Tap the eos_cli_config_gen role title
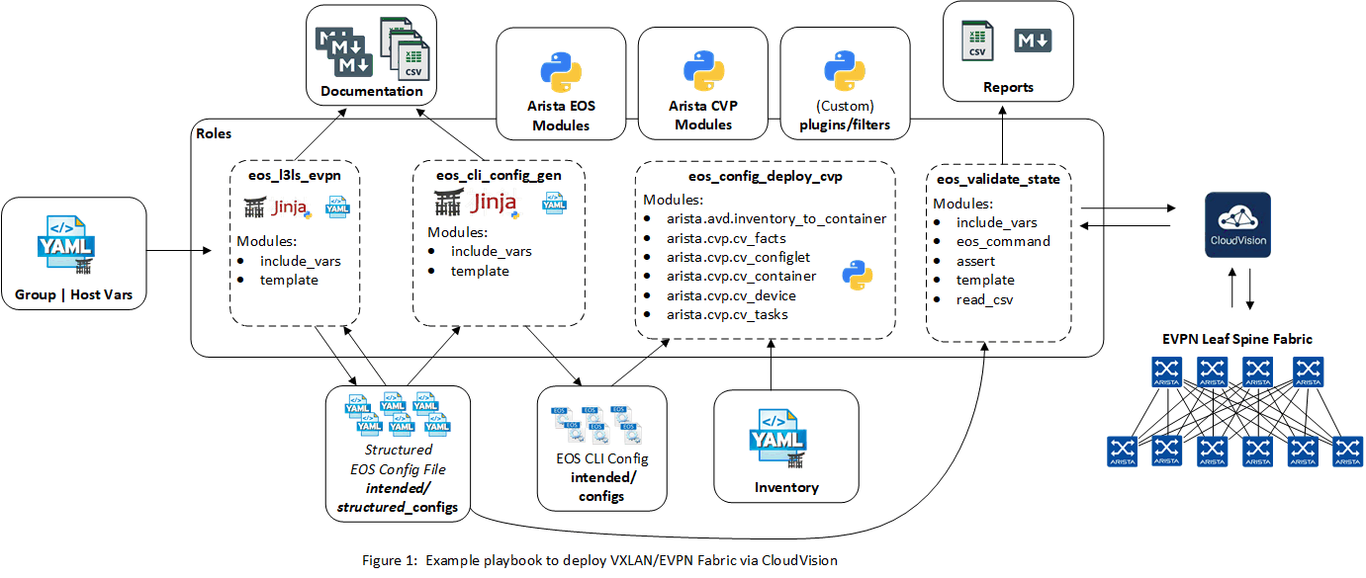(499, 176)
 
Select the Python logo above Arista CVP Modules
(703, 72)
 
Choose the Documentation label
(371, 92)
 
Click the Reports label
(1008, 87)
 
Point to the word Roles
(215, 132)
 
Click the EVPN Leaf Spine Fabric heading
(1236, 339)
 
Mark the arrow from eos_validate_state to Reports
(1003, 133)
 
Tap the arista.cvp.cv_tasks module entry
(727, 314)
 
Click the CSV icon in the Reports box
(976, 42)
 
